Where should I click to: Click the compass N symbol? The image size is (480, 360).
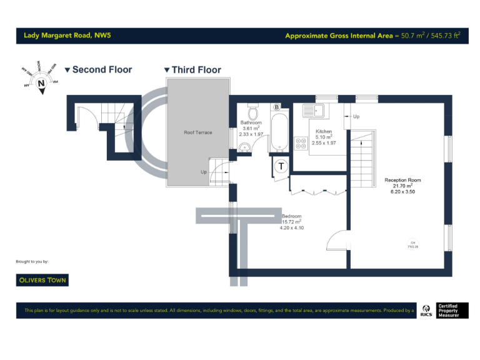pyautogui.click(x=41, y=82)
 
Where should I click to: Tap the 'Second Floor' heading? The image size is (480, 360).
pyautogui.click(x=102, y=69)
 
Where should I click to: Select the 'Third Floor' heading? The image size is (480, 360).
pyautogui.click(x=196, y=70)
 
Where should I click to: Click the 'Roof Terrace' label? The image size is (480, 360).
pyautogui.click(x=197, y=132)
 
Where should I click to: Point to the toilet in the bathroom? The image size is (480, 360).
pyautogui.click(x=252, y=112)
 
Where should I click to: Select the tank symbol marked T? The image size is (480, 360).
pyautogui.click(x=281, y=166)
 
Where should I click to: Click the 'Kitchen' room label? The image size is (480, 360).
pyautogui.click(x=324, y=131)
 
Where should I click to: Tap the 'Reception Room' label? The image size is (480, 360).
pyautogui.click(x=402, y=180)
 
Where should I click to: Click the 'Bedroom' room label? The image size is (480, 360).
pyautogui.click(x=291, y=216)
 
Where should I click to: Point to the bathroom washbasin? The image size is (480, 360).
pyautogui.click(x=245, y=146)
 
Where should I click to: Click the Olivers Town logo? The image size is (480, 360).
pyautogui.click(x=42, y=280)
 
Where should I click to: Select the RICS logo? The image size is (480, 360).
pyautogui.click(x=426, y=311)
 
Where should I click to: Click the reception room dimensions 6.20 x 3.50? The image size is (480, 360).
pyautogui.click(x=402, y=192)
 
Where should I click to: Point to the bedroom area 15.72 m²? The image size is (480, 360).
pyautogui.click(x=291, y=222)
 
